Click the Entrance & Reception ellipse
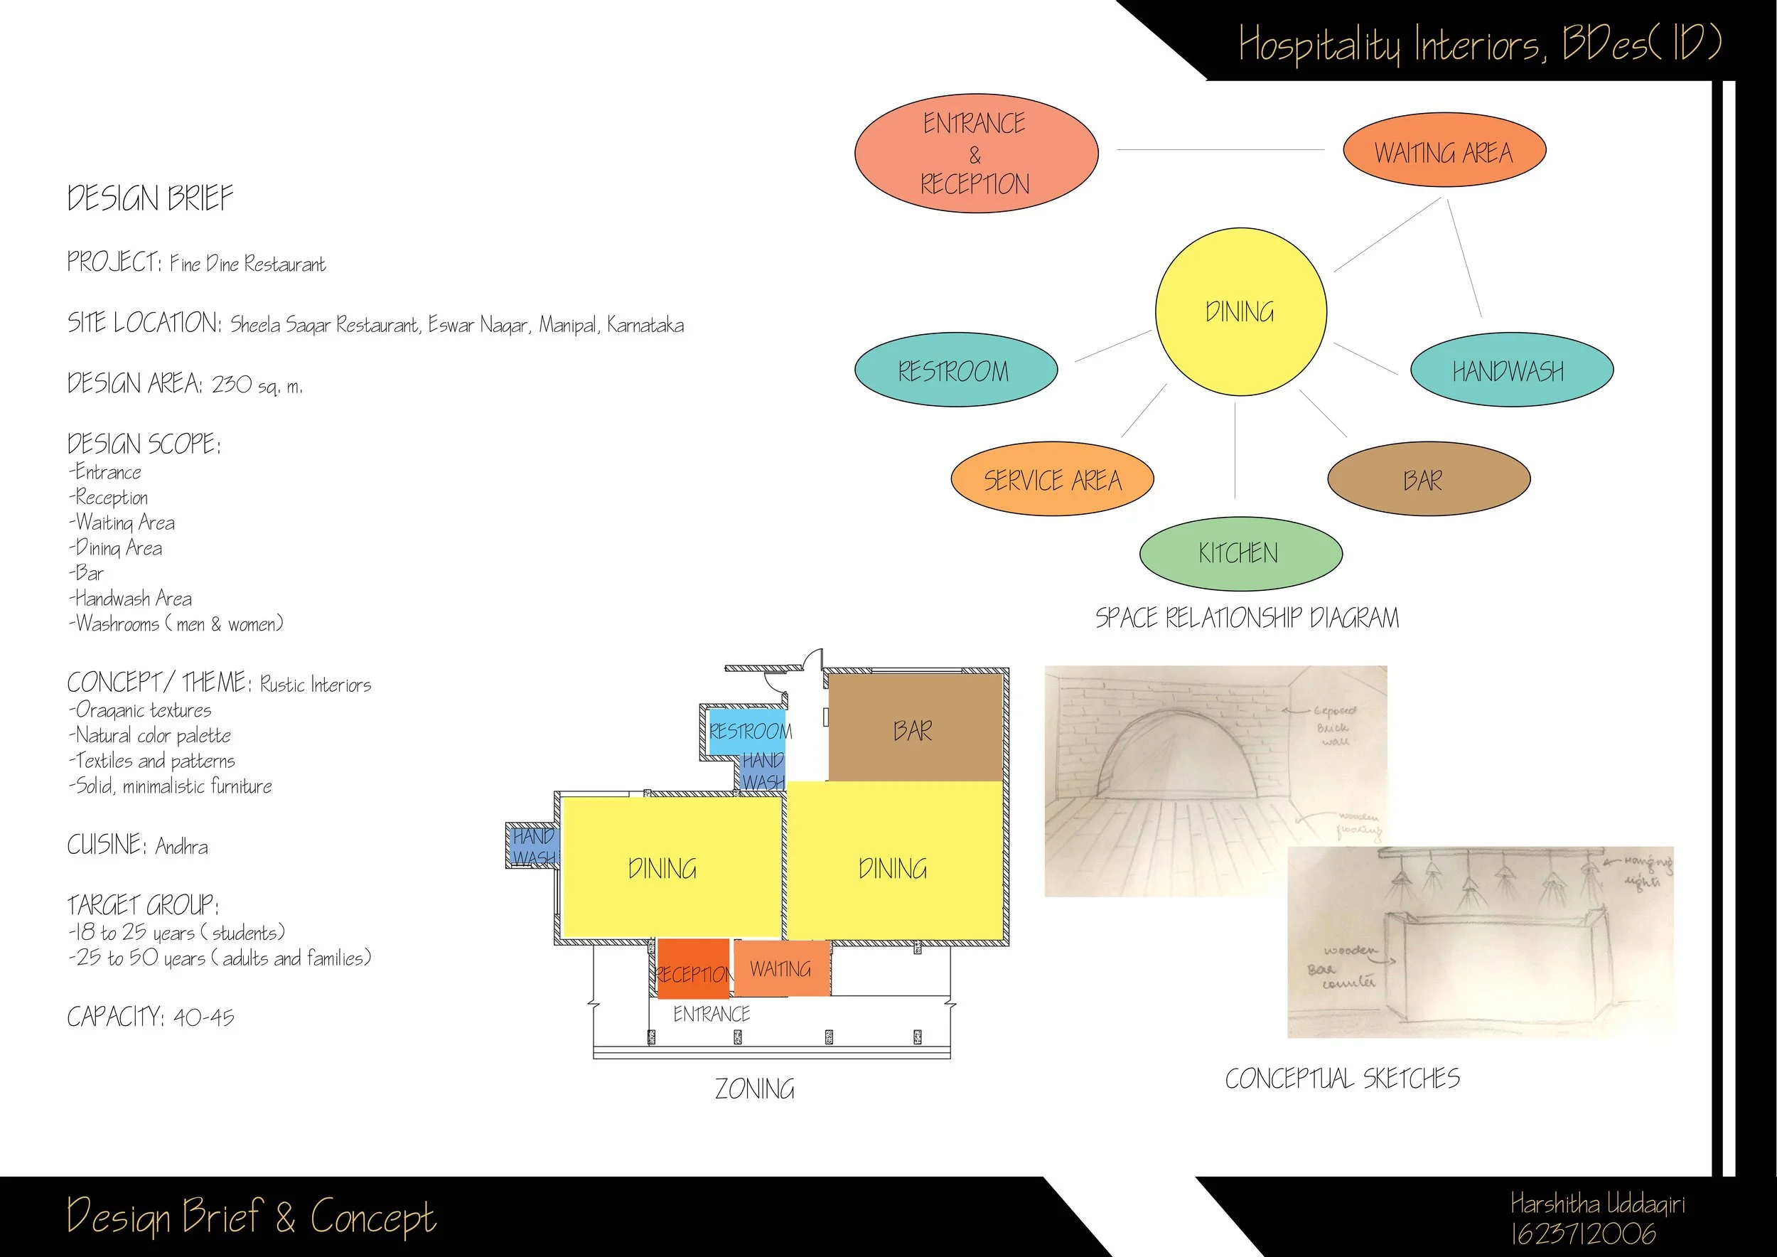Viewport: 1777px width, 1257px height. tap(976, 154)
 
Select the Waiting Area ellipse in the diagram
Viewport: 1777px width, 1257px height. tap(1444, 151)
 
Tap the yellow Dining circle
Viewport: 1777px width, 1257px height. tap(1240, 312)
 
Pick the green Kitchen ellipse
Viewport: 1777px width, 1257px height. tap(1240, 553)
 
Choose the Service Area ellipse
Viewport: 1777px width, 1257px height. tap(1052, 480)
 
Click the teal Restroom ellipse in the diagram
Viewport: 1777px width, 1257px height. tap(955, 370)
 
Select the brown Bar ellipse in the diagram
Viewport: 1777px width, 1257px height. tap(1428, 480)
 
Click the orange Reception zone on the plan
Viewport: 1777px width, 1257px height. tap(693, 969)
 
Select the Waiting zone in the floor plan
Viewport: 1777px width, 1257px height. tap(781, 968)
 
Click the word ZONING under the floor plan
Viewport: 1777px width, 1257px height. tap(755, 1089)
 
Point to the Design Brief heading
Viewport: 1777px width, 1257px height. tap(150, 198)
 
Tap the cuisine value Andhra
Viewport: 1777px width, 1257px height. tap(182, 846)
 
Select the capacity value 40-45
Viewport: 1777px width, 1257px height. tap(203, 1017)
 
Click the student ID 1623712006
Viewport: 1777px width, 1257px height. tap(1584, 1233)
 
